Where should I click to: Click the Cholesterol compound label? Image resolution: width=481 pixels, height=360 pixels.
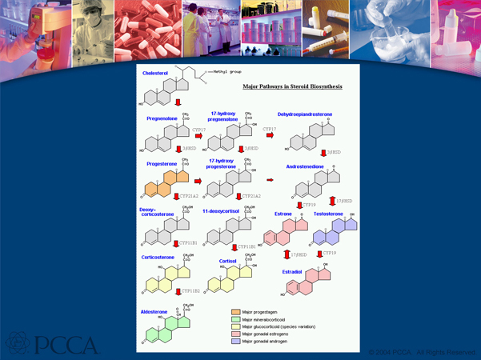click(155, 73)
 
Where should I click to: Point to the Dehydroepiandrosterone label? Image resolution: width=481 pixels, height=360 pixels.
click(305, 114)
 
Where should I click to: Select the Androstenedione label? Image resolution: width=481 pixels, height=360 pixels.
click(305, 166)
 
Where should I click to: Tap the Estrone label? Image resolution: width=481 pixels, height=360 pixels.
click(283, 214)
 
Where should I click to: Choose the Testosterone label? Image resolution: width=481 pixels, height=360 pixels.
click(328, 214)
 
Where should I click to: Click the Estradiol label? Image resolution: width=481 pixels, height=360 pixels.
click(292, 272)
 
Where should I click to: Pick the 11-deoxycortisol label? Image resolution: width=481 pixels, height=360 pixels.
click(221, 211)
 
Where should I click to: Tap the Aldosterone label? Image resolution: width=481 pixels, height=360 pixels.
click(154, 311)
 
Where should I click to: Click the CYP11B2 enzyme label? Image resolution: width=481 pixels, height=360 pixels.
click(191, 291)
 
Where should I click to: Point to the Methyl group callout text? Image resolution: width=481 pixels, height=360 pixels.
click(226, 71)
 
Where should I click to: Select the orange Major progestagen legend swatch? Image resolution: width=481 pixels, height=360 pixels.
click(235, 311)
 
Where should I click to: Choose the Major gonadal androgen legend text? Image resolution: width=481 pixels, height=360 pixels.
click(265, 341)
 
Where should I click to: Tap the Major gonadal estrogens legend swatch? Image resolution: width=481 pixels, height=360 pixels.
click(235, 334)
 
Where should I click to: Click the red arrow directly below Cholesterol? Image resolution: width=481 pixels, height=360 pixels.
click(178, 102)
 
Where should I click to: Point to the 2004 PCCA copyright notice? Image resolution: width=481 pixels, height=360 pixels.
click(422, 352)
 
